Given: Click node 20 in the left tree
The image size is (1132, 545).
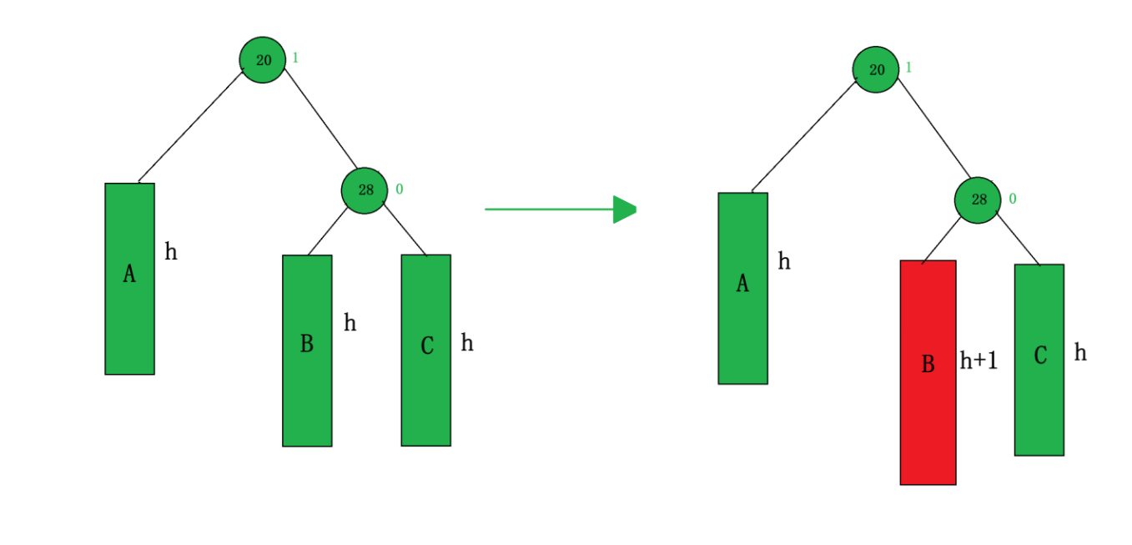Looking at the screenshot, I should coord(263,60).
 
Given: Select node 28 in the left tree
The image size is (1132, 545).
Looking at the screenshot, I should coord(365,189).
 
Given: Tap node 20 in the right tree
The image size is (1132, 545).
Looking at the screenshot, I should coord(876,70).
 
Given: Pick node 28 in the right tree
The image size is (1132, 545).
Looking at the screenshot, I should coord(978,200).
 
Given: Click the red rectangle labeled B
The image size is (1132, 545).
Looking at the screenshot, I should coord(928,372).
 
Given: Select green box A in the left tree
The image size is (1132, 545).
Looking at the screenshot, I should coord(129,279).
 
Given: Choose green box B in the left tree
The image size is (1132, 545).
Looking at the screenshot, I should coord(307,351).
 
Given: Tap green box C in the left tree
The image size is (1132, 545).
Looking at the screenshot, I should coord(425,351).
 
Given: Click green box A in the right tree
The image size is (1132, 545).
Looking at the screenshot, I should coord(742,289).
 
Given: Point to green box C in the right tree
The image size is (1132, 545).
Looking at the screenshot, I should coord(1039,360).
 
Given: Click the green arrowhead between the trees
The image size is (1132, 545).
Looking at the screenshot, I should coord(625,209).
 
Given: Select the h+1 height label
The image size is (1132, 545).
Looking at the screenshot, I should coord(979,361).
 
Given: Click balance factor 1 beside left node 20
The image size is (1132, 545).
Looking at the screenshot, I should coord(295,58).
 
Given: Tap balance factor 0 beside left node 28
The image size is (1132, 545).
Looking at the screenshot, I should coord(399,189).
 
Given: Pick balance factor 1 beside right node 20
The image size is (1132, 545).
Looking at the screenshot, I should coord(908,67).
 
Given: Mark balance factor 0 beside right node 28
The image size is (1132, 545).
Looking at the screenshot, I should coord(1013,199).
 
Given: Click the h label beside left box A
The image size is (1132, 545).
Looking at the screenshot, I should coord(171,251).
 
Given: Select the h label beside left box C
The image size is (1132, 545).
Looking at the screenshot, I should coord(467,342).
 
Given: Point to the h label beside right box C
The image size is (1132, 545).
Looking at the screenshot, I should coord(1080,352).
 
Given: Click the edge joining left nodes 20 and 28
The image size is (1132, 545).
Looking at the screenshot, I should coord(320,118).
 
